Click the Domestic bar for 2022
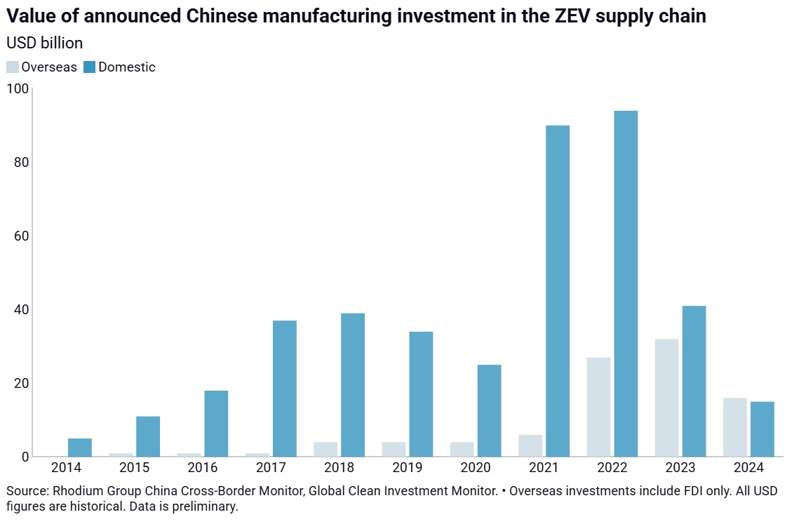coord(626,283)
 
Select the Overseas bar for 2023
coord(666,398)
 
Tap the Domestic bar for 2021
coord(558,291)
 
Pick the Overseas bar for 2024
coord(734,427)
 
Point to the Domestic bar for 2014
coord(80,448)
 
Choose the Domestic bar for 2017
coord(285,389)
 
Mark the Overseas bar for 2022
coord(598,407)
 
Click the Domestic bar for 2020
coord(490,410)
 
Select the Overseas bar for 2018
coord(325,449)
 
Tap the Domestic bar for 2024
coord(762,429)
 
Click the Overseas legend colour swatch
coord(13,67)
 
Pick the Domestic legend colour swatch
coord(89,67)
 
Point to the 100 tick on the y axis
coord(18,89)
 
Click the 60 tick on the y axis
coord(21,236)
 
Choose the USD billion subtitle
coord(44,43)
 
